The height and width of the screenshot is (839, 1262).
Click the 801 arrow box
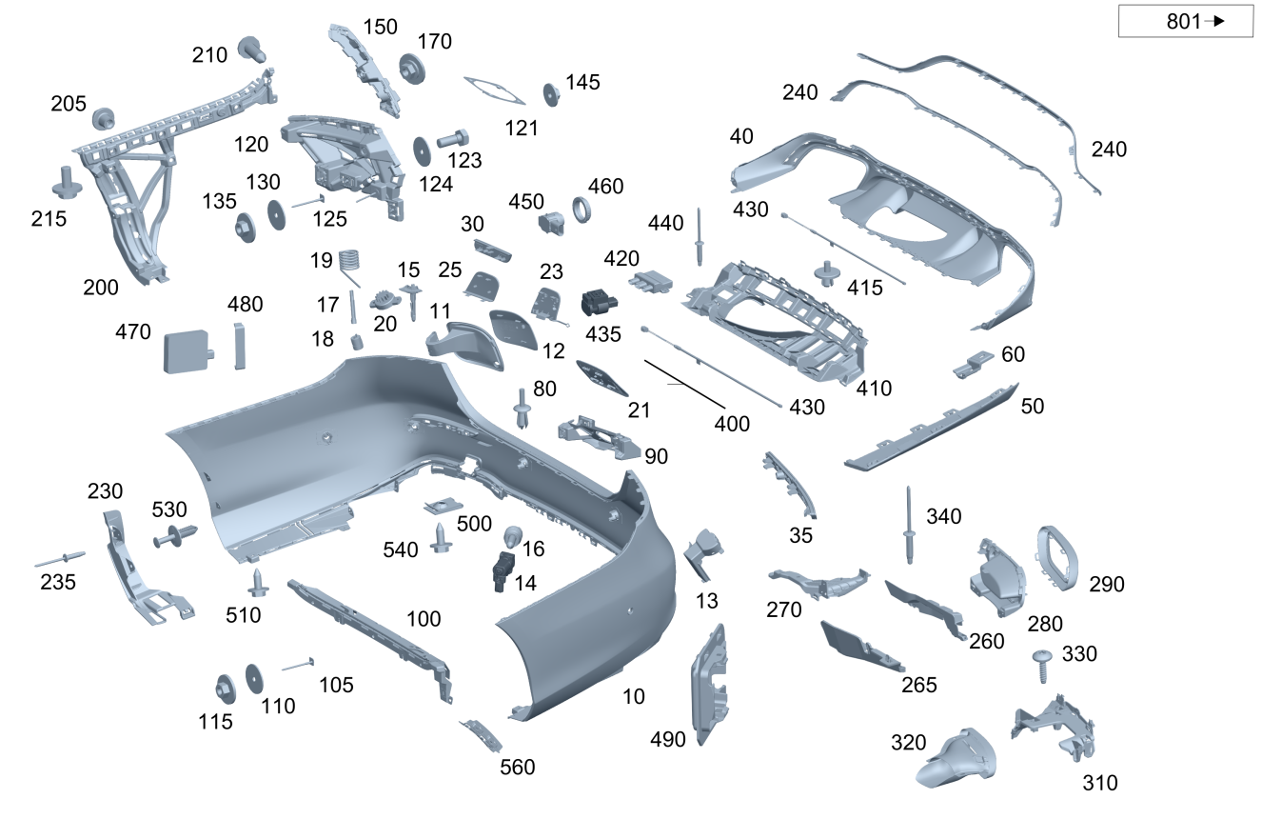[1185, 21]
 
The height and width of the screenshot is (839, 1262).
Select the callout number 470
[133, 331]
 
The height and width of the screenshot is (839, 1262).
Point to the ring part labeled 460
[582, 210]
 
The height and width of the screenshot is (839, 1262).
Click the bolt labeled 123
[452, 138]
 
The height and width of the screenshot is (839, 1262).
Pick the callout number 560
[517, 767]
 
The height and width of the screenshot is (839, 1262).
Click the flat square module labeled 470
[187, 351]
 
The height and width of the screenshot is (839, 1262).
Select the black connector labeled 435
[599, 304]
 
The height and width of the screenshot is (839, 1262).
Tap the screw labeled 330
[1042, 666]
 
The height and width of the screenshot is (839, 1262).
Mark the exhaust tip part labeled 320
[956, 758]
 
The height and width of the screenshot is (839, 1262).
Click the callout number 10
[634, 696]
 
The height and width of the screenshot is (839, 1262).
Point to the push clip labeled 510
[258, 583]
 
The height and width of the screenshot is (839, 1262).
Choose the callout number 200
[101, 287]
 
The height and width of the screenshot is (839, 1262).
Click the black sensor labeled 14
[503, 571]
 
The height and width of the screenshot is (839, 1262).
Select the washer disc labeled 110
[254, 679]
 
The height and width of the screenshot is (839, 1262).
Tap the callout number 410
[874, 388]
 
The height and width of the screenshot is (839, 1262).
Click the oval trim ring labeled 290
[1057, 558]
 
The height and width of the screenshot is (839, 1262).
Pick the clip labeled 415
[827, 273]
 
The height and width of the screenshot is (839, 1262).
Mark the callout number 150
[381, 27]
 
